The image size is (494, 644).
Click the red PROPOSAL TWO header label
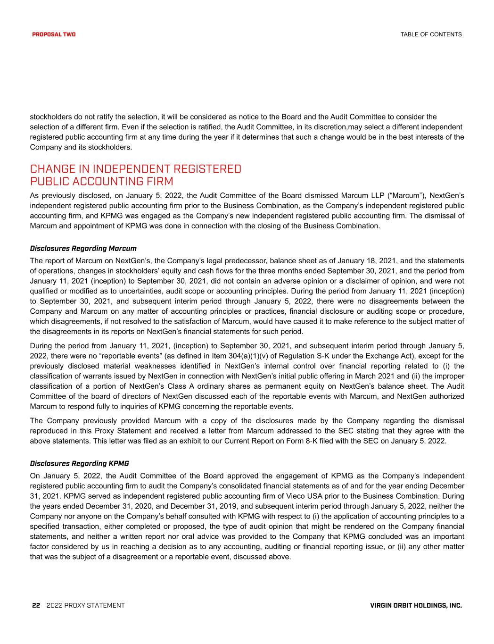click(x=54, y=34)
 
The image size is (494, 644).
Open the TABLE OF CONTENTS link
click(x=431, y=34)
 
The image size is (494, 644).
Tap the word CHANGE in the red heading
click(x=53, y=169)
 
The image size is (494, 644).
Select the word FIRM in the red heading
click(x=157, y=182)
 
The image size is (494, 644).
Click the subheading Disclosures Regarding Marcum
click(x=83, y=248)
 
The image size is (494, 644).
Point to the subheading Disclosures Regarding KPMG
click(x=79, y=463)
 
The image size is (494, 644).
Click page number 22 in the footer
click(x=36, y=605)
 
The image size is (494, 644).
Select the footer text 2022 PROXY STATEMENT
click(x=86, y=605)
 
